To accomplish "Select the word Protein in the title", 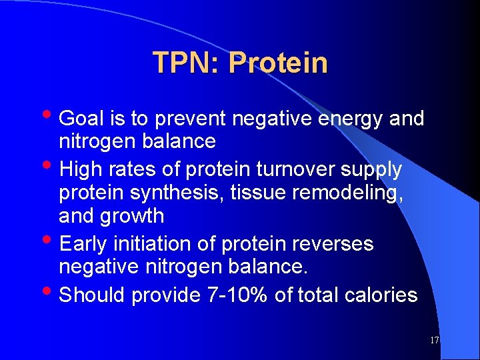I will pos(278,63).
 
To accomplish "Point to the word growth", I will pos(131,216).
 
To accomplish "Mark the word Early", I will pos(83,245).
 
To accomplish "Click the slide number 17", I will pos(434,341).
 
